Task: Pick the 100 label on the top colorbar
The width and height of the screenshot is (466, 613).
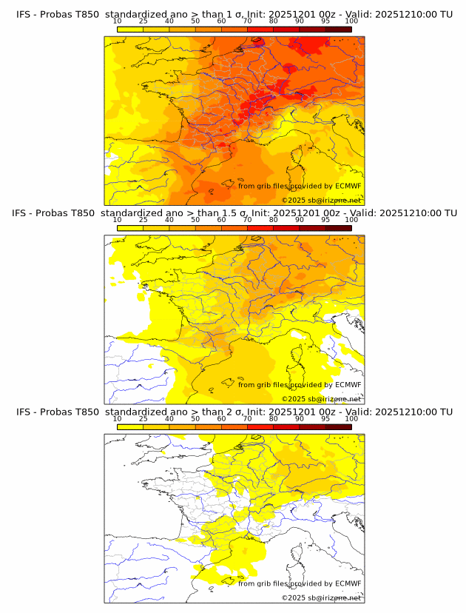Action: pyautogui.click(x=351, y=21)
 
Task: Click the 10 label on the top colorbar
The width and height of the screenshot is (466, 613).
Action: pyautogui.click(x=118, y=21)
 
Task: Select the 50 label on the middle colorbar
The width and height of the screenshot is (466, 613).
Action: pyautogui.click(x=195, y=220)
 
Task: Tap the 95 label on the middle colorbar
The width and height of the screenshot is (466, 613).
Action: pyautogui.click(x=325, y=220)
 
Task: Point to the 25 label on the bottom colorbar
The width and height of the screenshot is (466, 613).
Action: pyautogui.click(x=143, y=418)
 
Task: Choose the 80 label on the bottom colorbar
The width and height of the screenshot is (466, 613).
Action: pyautogui.click(x=274, y=418)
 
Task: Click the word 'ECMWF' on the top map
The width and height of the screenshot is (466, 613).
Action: pyautogui.click(x=348, y=186)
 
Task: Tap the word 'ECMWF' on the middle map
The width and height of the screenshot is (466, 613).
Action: pyautogui.click(x=348, y=384)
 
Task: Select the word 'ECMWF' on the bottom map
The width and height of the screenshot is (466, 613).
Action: pyautogui.click(x=348, y=583)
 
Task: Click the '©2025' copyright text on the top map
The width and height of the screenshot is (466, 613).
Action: pyautogui.click(x=294, y=200)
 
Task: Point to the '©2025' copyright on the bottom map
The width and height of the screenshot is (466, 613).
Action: pyautogui.click(x=294, y=597)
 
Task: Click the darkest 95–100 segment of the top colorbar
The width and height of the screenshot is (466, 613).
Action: pyautogui.click(x=338, y=29)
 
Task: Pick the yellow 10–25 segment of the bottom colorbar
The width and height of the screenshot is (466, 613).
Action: pyautogui.click(x=130, y=426)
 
